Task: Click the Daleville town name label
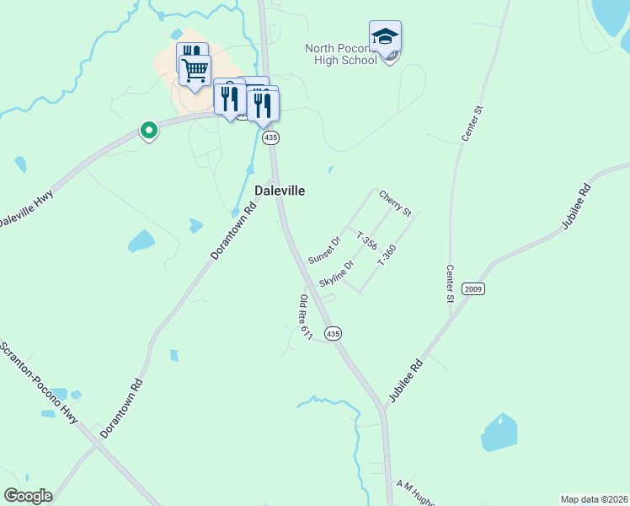280,191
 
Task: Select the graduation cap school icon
385,36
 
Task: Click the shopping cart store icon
195,70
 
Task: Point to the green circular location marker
149,130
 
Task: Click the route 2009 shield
473,288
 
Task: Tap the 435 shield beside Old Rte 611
334,334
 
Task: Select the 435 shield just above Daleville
270,137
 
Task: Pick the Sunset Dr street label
323,249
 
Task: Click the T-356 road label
366,240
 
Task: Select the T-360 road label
387,256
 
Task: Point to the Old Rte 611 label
306,317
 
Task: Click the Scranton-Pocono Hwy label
40,384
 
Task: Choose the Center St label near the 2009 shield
450,283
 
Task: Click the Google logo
28,496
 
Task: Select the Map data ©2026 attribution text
595,499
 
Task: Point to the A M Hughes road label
414,493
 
